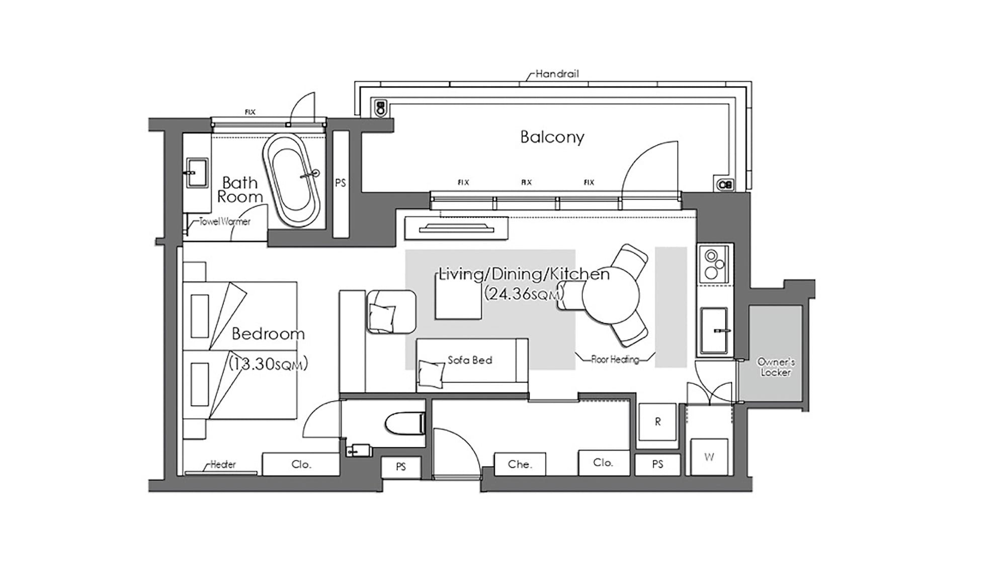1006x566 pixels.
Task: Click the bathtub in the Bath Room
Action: pos(291,179)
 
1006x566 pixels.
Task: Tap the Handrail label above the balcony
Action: pos(557,74)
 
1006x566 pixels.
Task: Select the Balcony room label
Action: pos(552,137)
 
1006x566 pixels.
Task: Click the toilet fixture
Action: pos(405,424)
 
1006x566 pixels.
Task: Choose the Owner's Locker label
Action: pos(776,367)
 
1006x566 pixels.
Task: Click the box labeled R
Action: pos(657,422)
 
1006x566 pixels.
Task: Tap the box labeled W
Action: pos(709,457)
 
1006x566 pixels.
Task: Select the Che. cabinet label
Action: pos(520,464)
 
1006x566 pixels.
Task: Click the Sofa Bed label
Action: pos(470,360)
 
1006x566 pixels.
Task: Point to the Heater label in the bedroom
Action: pos(223,464)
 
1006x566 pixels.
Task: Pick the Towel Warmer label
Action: pos(225,221)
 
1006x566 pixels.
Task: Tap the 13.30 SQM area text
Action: pos(268,364)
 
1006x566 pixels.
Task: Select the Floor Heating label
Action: pos(615,359)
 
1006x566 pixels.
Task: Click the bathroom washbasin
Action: pos(197,173)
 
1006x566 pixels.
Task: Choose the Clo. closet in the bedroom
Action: pos(301,464)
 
